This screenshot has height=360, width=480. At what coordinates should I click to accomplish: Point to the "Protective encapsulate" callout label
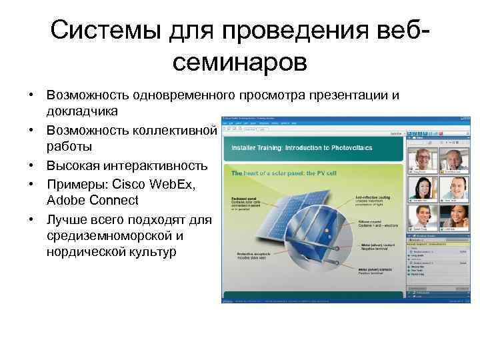[254, 256]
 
